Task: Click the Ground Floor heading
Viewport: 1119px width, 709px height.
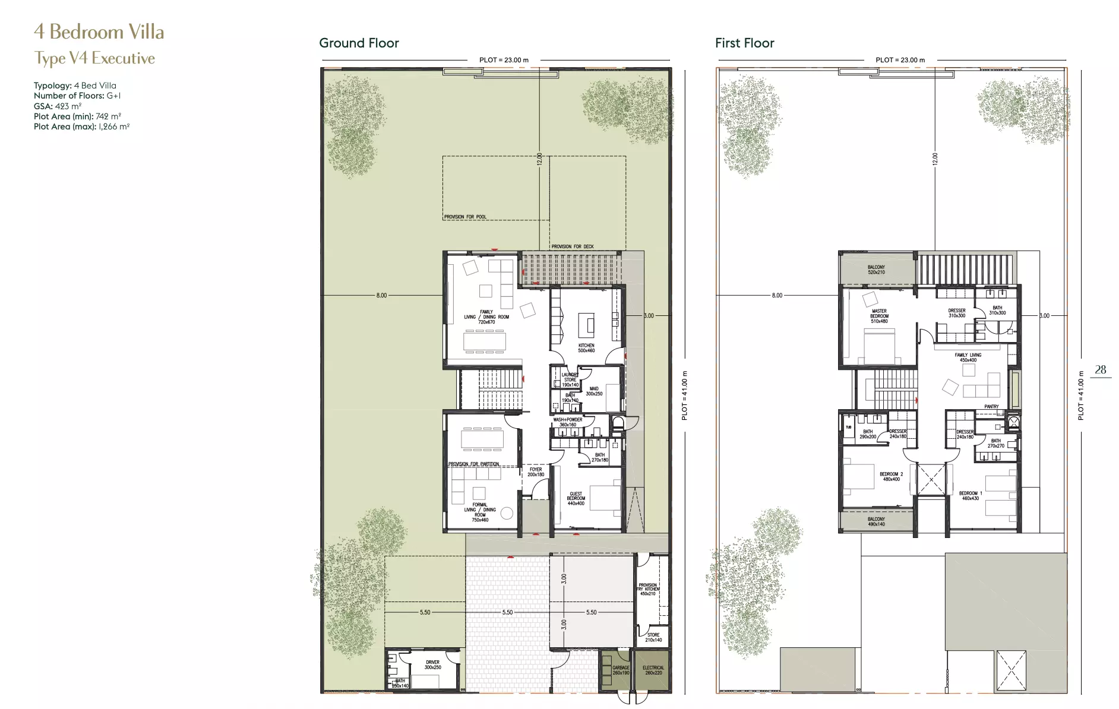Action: (x=359, y=43)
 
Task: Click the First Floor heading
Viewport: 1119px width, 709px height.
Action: (x=744, y=43)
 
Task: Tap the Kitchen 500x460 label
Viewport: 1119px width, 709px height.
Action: (x=586, y=348)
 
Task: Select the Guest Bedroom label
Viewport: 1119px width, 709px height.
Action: (x=576, y=498)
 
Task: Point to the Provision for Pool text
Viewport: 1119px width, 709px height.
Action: (x=465, y=217)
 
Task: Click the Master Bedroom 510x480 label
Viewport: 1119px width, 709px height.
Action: (x=879, y=316)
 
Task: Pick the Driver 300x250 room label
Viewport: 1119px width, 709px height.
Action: (x=432, y=664)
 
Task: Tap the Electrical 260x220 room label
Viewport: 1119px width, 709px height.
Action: (x=653, y=670)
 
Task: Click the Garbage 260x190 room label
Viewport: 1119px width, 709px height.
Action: (x=621, y=670)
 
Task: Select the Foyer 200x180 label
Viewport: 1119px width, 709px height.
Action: (x=536, y=471)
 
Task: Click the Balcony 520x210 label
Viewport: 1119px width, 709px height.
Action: (x=876, y=270)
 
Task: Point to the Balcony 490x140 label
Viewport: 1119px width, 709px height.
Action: (x=876, y=521)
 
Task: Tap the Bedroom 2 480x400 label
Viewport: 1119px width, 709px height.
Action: (x=891, y=476)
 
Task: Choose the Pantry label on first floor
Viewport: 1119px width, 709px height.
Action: (x=991, y=407)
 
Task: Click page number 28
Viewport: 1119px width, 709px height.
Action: (x=1100, y=369)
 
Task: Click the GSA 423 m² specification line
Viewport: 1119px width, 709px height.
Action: (x=58, y=106)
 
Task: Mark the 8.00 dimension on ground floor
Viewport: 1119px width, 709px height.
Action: (x=381, y=295)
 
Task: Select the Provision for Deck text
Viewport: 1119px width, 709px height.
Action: (x=572, y=246)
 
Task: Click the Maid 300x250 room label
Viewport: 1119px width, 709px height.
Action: (x=594, y=391)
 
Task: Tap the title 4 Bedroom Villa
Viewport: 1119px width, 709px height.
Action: (x=99, y=31)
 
